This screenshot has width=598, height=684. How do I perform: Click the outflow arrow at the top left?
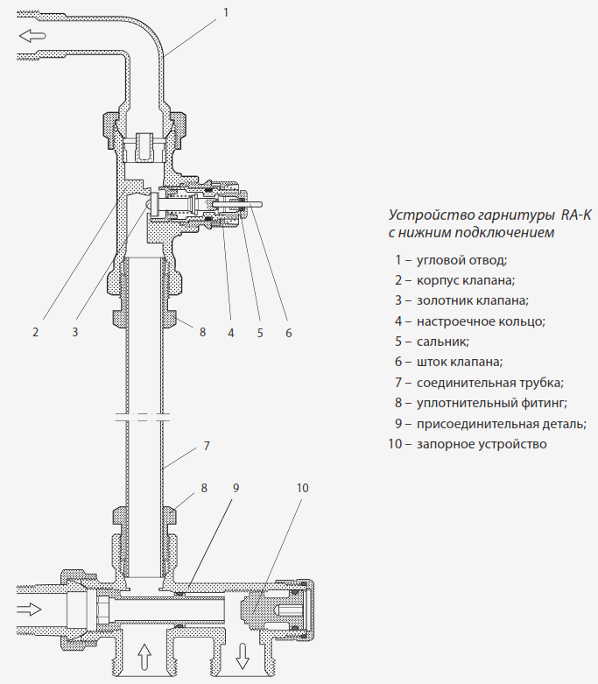click(32, 36)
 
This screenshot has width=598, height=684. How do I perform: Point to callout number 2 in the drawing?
click(36, 332)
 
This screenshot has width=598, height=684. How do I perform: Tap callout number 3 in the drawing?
click(75, 332)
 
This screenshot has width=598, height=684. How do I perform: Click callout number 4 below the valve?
click(231, 332)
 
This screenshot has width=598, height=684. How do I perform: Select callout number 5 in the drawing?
click(260, 332)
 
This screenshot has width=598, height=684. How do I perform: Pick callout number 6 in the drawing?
click(288, 332)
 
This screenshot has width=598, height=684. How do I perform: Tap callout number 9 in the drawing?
click(236, 487)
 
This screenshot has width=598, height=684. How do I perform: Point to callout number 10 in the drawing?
click(302, 487)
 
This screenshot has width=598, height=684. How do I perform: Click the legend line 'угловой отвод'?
click(451, 259)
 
